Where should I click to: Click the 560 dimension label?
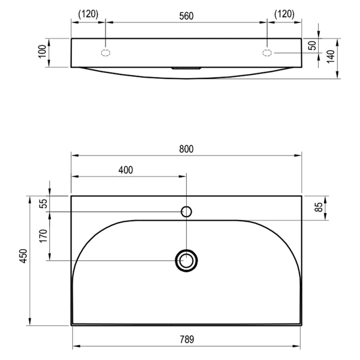click(186, 16)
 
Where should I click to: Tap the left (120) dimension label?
click(88, 14)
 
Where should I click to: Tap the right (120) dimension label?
click(284, 14)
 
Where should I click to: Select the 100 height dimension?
click(42, 52)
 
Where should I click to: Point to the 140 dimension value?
click(331, 56)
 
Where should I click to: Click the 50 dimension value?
click(312, 45)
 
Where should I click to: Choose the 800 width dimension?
click(186, 149)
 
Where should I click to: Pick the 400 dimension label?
click(126, 170)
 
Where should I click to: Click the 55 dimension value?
click(43, 204)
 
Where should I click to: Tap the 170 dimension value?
click(43, 236)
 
